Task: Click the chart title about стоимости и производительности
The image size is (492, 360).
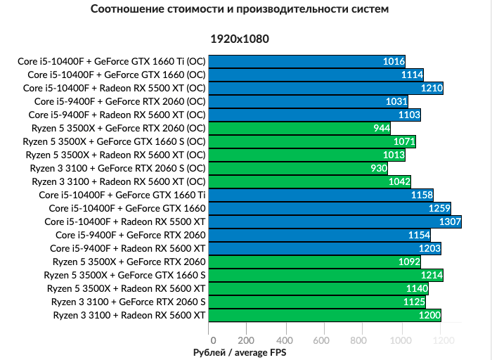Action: click(x=239, y=10)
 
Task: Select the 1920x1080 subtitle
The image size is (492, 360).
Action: click(x=239, y=39)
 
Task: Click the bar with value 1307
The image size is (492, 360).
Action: click(x=335, y=221)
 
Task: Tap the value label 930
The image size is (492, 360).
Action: click(x=378, y=168)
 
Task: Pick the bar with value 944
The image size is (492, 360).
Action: click(x=299, y=128)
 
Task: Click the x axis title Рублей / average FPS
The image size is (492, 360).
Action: click(x=240, y=352)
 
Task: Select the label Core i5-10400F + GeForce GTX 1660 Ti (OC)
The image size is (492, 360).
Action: click(x=112, y=61)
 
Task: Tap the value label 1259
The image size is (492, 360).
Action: click(x=439, y=208)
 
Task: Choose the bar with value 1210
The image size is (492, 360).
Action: click(x=325, y=88)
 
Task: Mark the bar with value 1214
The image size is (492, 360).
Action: click(x=325, y=275)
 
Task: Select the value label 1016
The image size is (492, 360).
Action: click(x=394, y=61)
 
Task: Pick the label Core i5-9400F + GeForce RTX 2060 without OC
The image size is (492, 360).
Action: click(x=131, y=235)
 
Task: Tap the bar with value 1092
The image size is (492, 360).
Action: click(x=313, y=262)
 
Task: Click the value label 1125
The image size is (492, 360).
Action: click(x=414, y=302)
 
